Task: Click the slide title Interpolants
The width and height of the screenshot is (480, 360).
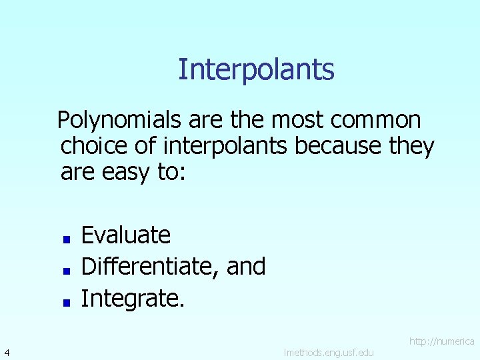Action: coord(256,69)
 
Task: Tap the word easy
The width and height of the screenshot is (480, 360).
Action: coord(128,172)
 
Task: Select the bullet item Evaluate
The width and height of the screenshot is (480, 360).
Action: coord(126,235)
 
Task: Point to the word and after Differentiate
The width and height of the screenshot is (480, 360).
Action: coord(246,267)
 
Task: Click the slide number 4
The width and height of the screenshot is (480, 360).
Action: coord(6,351)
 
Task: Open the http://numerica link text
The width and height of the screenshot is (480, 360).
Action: coord(441,341)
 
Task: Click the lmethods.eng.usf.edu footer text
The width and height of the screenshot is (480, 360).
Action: coord(329,351)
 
